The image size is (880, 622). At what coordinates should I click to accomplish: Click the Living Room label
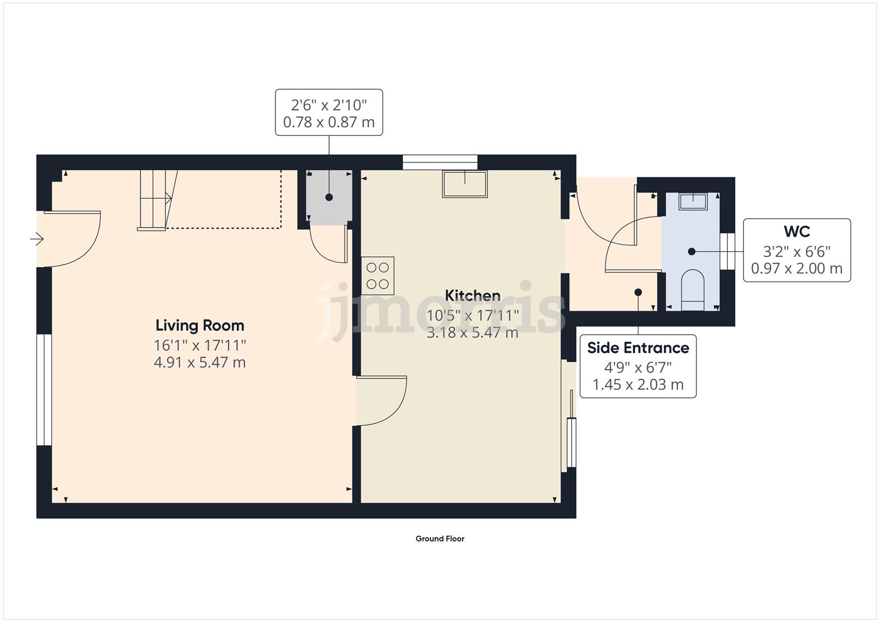pos(200,325)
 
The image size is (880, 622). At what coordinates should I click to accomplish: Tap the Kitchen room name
pos(473,295)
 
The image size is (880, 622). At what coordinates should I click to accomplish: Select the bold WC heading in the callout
pos(796,232)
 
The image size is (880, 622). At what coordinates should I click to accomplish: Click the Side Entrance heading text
pos(638,348)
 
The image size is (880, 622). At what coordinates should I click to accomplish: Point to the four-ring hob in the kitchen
pos(377,275)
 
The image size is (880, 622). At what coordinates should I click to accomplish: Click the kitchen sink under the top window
pos(464,184)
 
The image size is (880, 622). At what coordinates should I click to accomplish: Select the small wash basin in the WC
pos(693,202)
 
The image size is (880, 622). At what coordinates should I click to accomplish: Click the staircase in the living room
pos(154,199)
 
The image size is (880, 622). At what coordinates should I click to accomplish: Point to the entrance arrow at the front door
pos(37,238)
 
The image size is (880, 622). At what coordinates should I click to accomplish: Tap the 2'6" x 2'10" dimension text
pos(328,105)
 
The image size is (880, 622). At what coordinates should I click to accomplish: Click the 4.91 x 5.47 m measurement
pos(200,362)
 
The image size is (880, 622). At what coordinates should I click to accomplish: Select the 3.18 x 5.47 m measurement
pos(473,332)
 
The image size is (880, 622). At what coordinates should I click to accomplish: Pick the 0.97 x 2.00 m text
pos(796,268)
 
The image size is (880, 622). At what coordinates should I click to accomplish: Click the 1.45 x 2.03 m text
pos(638,385)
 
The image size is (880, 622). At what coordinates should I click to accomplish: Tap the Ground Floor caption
pos(440,538)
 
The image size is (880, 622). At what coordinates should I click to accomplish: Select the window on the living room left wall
pos(44,390)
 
